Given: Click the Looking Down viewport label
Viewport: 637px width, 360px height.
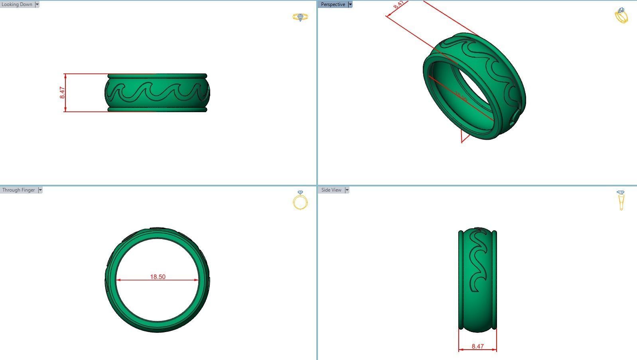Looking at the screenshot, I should [17, 4].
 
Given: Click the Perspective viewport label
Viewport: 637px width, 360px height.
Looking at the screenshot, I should [333, 4].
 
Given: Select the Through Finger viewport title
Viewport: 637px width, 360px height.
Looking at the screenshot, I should [18, 190].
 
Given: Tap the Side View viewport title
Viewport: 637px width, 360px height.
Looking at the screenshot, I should [331, 190].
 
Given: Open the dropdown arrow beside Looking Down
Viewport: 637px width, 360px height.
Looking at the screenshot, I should [37, 4].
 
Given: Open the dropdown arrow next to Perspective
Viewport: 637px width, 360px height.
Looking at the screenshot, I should [350, 4].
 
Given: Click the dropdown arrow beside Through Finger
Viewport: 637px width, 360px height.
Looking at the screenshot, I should [40, 190].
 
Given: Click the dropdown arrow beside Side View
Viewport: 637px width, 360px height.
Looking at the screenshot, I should [347, 190].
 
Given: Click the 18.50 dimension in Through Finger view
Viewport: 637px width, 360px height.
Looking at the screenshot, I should [158, 277].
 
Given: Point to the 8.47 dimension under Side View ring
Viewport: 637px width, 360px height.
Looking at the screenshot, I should [477, 346].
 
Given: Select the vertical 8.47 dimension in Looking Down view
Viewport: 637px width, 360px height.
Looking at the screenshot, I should [62, 93].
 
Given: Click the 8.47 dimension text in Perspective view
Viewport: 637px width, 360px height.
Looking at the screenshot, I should [398, 5].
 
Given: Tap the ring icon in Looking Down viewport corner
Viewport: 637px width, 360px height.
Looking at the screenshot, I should [300, 17].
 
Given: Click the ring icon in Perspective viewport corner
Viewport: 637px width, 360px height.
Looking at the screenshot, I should [621, 16].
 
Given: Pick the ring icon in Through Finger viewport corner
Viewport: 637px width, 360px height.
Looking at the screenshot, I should [300, 200].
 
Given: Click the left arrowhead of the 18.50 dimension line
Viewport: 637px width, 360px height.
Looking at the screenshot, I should [118, 280].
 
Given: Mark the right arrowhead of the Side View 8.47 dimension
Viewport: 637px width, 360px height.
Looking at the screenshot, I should [495, 350].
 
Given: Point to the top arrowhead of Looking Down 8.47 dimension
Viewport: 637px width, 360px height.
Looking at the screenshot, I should [65, 76].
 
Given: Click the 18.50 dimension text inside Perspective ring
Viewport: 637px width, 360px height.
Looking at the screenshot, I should [461, 96].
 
